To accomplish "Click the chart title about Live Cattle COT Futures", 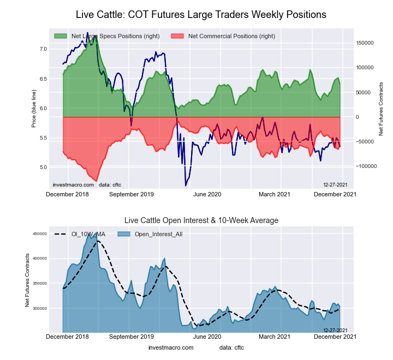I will point(201,14).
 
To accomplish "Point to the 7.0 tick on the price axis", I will point(43,49).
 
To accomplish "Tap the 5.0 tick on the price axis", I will point(43,167).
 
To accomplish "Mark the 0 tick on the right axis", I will point(358,117).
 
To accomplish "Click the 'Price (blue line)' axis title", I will point(34,108).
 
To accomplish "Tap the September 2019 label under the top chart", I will point(132,194).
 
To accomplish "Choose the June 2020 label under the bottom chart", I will point(207,337).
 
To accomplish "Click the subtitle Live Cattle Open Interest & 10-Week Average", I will point(201,220).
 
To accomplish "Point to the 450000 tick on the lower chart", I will point(39,234).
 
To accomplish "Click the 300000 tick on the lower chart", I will point(39,308).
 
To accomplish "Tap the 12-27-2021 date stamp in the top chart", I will point(335,185).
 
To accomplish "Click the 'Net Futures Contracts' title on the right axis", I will point(381,109).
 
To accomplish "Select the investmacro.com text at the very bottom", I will point(171,347).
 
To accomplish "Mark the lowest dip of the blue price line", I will point(186,185).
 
